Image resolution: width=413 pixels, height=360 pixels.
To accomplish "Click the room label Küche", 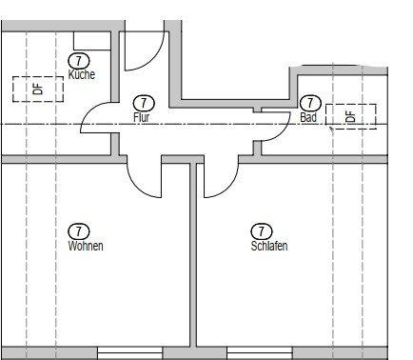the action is pos(82,74).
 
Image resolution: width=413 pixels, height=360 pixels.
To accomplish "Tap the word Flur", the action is pos(141,117).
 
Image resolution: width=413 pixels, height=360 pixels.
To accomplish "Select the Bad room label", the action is pos(308,117).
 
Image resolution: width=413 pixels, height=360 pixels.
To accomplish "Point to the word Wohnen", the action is pos(86,246).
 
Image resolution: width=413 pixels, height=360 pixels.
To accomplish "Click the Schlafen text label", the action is pos(269,246).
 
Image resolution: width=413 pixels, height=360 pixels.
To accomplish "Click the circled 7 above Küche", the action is pos(79,61).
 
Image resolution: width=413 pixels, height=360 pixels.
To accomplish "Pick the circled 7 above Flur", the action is pos(144,103).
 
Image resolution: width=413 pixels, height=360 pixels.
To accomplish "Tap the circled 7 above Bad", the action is pos(310,103).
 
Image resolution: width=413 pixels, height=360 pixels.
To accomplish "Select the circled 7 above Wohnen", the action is pos(79,231).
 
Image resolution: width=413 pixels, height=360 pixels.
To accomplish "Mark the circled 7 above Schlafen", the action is pos(262,231).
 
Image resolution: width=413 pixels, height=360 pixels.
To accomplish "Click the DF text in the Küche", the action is pos(38,89).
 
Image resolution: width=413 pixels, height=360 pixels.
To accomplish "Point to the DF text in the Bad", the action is pos(350,116).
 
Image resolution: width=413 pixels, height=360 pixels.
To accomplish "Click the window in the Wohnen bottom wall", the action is pos(129,353).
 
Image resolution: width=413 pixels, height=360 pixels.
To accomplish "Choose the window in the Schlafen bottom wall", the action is pos(260,353).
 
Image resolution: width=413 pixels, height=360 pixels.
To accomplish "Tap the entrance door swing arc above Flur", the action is pos(155,58).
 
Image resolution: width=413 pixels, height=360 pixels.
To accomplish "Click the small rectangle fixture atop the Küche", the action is pos(92,41).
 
